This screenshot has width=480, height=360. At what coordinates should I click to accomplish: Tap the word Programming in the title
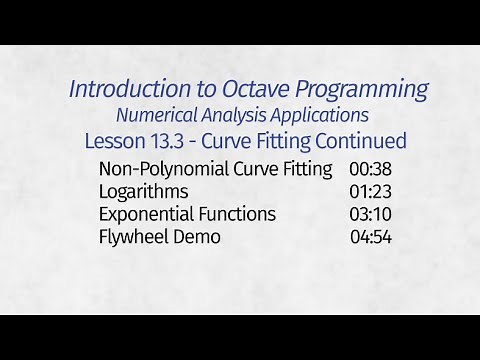pyautogui.click(x=354, y=90)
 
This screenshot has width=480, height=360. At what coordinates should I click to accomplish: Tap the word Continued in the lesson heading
pyautogui.click(x=362, y=140)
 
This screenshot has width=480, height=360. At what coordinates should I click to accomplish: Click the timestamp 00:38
pyautogui.click(x=370, y=168)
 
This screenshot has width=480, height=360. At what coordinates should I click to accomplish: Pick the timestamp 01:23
pyautogui.click(x=370, y=191)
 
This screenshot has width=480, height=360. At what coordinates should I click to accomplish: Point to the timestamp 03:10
pyautogui.click(x=370, y=214)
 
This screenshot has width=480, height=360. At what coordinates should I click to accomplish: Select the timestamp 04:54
pyautogui.click(x=370, y=237)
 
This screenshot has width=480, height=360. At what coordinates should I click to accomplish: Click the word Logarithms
pyautogui.click(x=144, y=191)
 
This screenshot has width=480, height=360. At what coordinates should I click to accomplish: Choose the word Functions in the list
pyautogui.click(x=237, y=214)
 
